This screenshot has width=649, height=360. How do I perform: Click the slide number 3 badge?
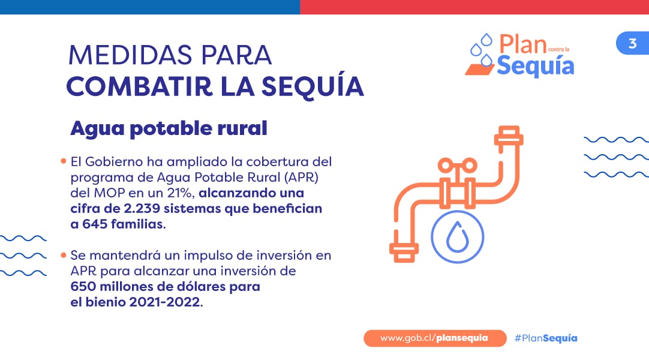coord(632,43)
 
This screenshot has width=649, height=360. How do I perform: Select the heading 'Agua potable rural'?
coord(169,128)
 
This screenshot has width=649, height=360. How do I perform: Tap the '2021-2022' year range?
coord(165,302)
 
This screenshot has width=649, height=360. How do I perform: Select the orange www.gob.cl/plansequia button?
coord(435,338)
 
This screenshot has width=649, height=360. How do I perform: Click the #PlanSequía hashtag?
coord(546,338)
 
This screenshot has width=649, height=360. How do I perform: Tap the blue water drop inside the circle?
coord(458,237)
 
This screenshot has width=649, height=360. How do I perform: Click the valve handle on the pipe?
coord(458,166)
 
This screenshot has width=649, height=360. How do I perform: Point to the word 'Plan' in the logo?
coord(523,44)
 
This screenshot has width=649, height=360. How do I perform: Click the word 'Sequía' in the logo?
coord(536,66)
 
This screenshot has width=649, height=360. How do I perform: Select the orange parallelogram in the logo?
coord(479,70)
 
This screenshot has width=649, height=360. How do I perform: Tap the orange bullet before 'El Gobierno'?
coord(64,161)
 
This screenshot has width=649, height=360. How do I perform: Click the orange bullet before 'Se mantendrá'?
coord(64,255)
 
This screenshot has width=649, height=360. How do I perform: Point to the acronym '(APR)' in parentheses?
coord(301,178)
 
